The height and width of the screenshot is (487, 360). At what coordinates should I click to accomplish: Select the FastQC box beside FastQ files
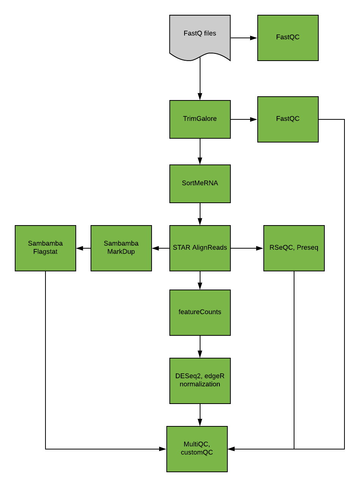[288, 38]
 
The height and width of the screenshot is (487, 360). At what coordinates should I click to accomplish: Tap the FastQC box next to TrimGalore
[288, 119]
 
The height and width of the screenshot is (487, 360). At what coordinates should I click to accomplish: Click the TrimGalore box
[200, 119]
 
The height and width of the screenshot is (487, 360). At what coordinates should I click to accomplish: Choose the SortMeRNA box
[200, 183]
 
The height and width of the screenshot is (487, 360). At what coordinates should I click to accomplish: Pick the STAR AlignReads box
[200, 248]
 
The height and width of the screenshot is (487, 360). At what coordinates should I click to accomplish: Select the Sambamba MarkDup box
[121, 248]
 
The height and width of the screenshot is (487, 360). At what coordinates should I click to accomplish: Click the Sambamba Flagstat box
[45, 248]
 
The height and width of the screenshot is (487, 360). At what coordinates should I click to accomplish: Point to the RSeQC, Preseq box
[294, 248]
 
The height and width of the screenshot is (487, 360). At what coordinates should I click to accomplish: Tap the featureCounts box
[200, 312]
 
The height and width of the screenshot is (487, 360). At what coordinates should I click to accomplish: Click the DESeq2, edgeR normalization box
[200, 381]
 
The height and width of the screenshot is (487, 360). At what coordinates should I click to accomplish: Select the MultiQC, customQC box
[197, 449]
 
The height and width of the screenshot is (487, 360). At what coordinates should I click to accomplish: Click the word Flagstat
[45, 252]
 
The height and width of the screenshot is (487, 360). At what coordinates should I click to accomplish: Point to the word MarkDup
[121, 252]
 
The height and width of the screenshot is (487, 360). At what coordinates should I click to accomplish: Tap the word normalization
[200, 384]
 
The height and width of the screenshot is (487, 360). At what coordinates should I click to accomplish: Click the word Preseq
[307, 248]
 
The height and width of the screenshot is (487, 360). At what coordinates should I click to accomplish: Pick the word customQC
[197, 453]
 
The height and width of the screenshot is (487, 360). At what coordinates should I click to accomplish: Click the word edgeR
[214, 376]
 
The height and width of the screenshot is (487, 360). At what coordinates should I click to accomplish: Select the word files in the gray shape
[210, 33]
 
